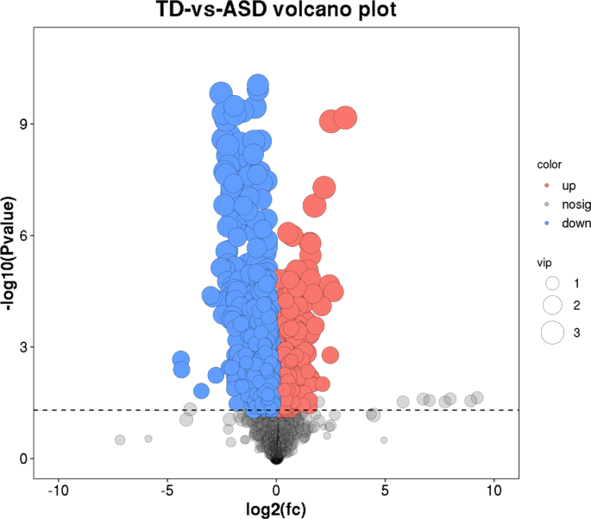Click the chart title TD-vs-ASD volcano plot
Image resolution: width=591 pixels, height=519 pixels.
point(275,12)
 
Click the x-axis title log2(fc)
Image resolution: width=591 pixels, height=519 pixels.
point(275,509)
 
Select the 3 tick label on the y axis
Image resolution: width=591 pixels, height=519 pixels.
point(23,347)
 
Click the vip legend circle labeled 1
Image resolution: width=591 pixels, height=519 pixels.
point(552,283)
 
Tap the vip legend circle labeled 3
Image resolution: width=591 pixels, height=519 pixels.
point(552,332)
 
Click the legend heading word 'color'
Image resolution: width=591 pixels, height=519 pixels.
point(549,165)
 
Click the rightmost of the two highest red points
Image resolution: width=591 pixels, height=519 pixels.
point(345,118)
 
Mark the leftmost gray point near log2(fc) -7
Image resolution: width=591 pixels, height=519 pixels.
point(120,440)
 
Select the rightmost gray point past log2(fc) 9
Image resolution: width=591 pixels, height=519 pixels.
point(477,398)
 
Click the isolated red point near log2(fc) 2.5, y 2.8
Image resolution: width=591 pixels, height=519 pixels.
point(330,355)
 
